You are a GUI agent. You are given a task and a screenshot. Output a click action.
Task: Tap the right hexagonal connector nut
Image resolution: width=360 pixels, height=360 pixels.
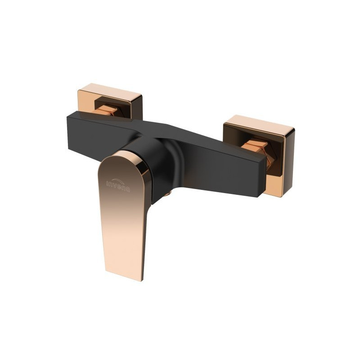tap(256, 148)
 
